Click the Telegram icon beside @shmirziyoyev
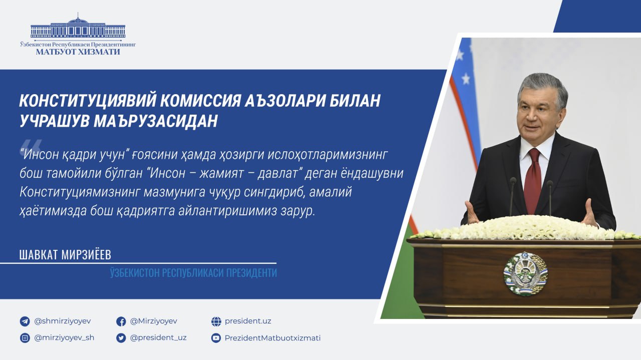(x=25, y=321)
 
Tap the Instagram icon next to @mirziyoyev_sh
(x=25, y=338)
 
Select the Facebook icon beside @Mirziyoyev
(x=121, y=321)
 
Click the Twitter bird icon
(x=121, y=338)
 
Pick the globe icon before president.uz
(x=216, y=321)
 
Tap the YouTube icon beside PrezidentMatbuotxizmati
(x=216, y=338)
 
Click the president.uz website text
(x=248, y=321)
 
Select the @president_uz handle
(x=158, y=338)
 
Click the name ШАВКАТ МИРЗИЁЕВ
(x=65, y=255)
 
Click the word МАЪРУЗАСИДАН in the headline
(x=156, y=121)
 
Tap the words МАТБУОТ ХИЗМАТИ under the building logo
(x=78, y=52)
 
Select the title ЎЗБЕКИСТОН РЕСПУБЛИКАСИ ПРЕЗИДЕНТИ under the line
(x=193, y=273)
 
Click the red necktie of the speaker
(x=533, y=180)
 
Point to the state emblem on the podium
(x=525, y=273)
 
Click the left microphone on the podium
(x=512, y=196)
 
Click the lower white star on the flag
(x=466, y=78)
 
